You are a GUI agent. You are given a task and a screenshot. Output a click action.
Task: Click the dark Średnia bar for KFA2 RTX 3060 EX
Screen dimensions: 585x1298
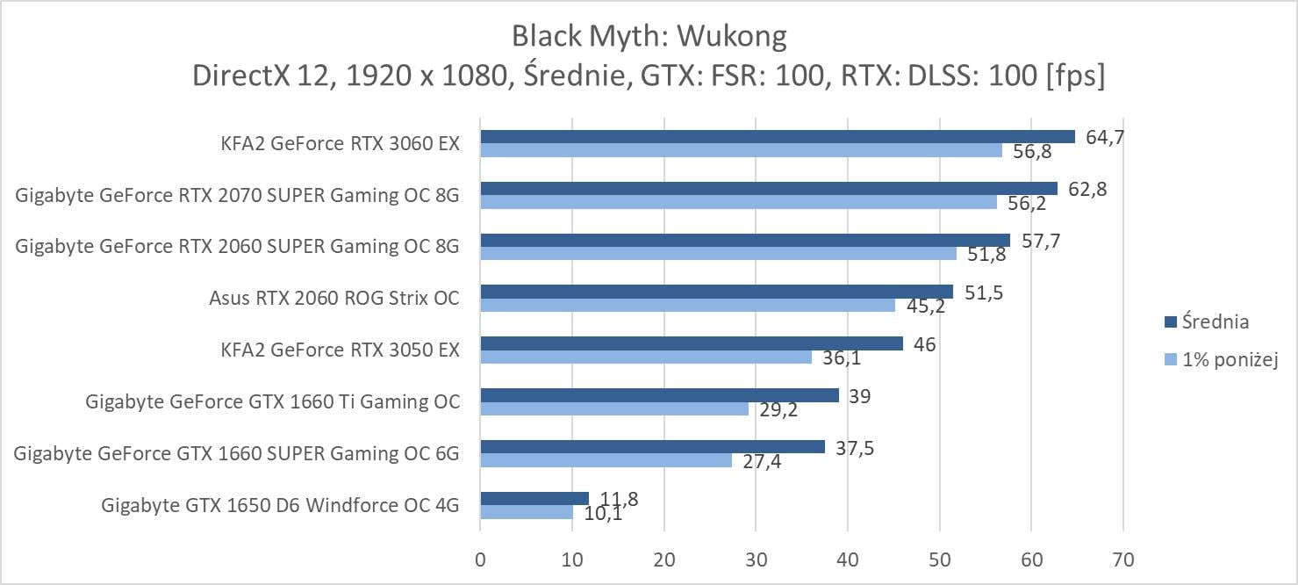pos(777,136)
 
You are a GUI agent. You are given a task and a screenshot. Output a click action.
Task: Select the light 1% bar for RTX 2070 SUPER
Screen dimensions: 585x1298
pos(738,202)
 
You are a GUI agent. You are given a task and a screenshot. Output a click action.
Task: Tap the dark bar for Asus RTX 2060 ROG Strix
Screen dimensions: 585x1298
pos(716,292)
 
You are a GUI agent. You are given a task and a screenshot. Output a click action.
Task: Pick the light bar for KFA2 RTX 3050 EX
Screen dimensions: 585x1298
pos(646,357)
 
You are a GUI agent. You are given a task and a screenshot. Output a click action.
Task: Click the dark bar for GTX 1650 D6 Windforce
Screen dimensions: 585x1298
pos(534,499)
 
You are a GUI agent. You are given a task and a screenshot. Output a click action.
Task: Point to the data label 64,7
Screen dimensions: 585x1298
pos(1103,136)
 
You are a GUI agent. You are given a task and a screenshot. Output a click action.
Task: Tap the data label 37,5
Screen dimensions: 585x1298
pos(854,446)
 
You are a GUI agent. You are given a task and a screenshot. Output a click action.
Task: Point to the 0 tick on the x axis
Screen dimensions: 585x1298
pos(480,559)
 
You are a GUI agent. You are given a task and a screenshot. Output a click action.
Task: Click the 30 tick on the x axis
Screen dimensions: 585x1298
pos(756,559)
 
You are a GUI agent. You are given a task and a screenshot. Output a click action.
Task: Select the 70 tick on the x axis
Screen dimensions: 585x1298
pos(1123,559)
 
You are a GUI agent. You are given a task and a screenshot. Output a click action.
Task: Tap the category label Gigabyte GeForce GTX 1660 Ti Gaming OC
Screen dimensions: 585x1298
pos(272,402)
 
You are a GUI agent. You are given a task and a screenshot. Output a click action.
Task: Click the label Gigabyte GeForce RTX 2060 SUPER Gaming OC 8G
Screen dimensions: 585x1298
pos(237,247)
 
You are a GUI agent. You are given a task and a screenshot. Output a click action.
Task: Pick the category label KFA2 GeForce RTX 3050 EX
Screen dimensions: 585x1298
pos(341,350)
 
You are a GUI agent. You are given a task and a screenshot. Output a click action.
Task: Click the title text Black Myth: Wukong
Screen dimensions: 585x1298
pos(649,37)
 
